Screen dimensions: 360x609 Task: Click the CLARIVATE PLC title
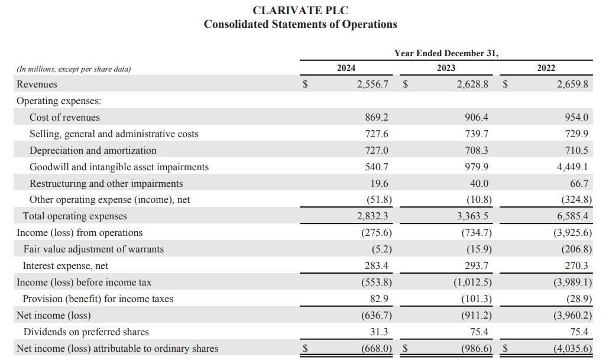300,11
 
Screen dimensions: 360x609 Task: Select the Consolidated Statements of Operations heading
300,24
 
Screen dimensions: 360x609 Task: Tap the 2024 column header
346,68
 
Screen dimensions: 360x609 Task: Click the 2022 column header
546,68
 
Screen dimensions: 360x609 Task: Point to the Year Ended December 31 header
446,53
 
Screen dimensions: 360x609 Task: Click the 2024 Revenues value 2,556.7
372,85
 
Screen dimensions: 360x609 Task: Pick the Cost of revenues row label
64,118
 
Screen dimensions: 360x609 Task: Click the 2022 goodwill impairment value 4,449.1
573,167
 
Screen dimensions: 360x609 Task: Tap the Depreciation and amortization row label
93,151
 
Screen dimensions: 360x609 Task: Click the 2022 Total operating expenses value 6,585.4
573,216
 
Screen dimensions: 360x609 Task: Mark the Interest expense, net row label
65,266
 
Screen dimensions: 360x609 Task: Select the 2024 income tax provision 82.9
379,299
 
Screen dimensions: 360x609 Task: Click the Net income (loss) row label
54,316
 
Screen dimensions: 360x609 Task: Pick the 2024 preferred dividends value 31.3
379,332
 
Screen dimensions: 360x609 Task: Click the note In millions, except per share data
73,69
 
